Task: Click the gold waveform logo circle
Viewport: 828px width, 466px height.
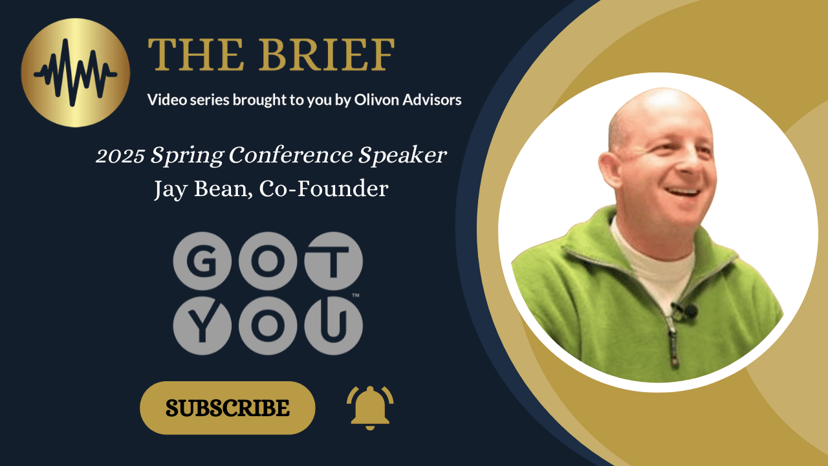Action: [76, 72]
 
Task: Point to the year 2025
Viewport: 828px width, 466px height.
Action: [121, 157]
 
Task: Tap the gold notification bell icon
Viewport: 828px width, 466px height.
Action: [370, 407]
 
